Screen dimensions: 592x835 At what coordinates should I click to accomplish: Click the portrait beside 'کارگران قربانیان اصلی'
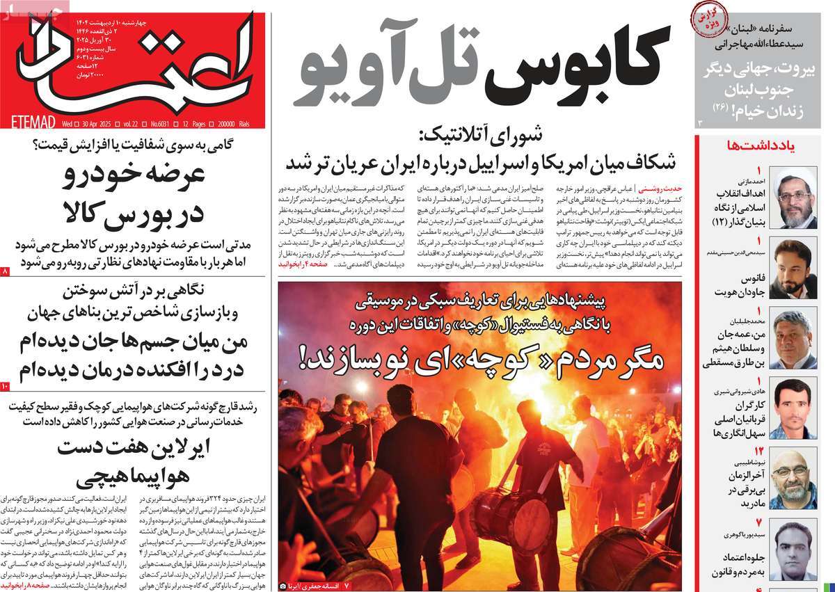795,408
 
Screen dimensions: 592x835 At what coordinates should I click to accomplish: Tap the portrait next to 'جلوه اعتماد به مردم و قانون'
795,550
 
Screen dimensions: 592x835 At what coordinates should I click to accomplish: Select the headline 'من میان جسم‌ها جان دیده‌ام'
132,344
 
